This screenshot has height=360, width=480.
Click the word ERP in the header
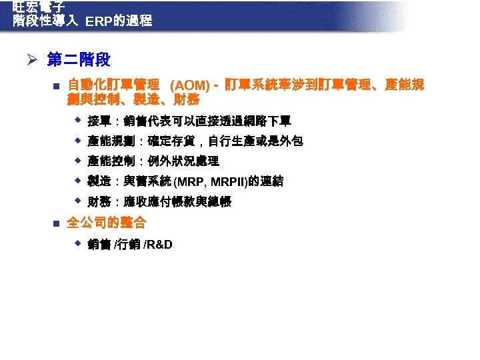pos(99,21)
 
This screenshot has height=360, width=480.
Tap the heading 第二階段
pos(79,61)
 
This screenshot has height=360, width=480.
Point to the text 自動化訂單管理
pos(113,85)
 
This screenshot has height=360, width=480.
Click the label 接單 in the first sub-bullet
pos(99,121)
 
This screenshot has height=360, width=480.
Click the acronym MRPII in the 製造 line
pos(227,182)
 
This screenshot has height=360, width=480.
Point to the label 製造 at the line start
pos(99,181)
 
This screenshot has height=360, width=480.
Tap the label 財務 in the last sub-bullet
pos(99,202)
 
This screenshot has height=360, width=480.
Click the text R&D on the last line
pos(159,244)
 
